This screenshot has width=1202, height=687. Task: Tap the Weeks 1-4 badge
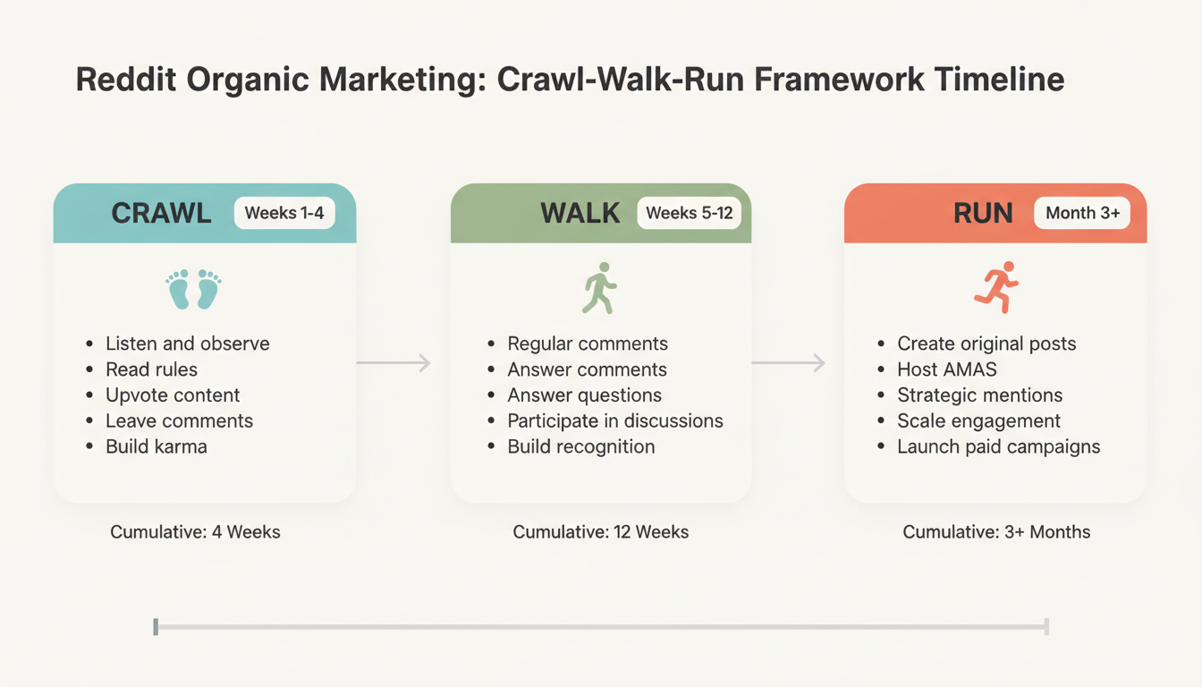click(x=285, y=213)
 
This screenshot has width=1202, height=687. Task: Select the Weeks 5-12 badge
click(x=689, y=213)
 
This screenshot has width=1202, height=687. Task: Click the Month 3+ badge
click(x=1082, y=213)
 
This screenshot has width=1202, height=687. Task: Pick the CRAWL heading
click(x=161, y=213)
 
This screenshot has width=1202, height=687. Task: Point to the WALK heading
click(x=580, y=213)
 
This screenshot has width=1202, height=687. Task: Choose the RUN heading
click(x=983, y=213)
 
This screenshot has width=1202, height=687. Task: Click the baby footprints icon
click(x=193, y=289)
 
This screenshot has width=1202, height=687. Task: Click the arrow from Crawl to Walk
click(x=394, y=362)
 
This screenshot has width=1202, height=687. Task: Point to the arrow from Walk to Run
click(x=788, y=362)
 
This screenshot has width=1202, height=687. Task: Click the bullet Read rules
click(x=151, y=369)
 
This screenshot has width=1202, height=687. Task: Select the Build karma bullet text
click(x=156, y=446)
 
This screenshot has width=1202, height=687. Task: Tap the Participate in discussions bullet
click(x=614, y=420)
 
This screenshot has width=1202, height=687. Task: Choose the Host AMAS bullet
click(x=946, y=369)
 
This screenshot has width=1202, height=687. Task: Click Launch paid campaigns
click(x=998, y=446)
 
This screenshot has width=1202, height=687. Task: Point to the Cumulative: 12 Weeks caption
click(x=600, y=532)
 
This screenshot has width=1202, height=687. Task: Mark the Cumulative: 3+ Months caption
click(x=996, y=532)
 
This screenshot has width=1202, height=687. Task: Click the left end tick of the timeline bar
click(x=156, y=626)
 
